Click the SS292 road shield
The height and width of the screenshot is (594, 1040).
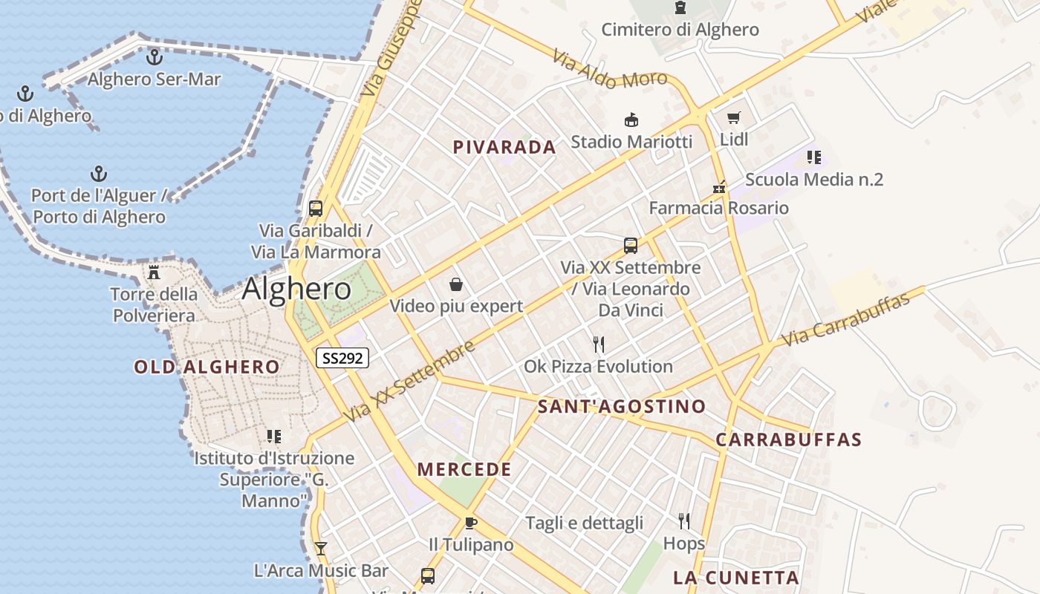[x=342, y=358]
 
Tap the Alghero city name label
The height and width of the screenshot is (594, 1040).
[x=296, y=289]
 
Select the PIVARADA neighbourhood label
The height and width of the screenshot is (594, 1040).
[x=504, y=147]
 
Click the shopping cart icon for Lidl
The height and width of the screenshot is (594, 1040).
[x=734, y=117]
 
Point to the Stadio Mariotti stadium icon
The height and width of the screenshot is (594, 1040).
[x=631, y=120]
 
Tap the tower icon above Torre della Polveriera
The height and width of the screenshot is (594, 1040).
[x=154, y=272]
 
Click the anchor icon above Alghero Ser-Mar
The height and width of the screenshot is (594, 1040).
[x=155, y=56]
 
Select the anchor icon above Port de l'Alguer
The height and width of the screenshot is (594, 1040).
[x=98, y=174]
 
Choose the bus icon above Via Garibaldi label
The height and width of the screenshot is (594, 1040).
[x=316, y=208]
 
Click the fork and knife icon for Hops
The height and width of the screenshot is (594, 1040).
[x=684, y=521]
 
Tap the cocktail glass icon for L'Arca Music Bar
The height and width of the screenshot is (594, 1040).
[x=321, y=549]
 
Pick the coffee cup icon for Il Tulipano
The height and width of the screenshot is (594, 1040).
[x=470, y=523]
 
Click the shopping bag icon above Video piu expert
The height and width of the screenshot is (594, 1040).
[x=456, y=284]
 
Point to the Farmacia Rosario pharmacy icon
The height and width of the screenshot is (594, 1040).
[x=718, y=186]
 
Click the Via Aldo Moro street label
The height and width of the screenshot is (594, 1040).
[x=609, y=70]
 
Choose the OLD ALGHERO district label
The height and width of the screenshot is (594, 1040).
[x=207, y=367]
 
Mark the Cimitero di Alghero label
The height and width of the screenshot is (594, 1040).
[x=680, y=30]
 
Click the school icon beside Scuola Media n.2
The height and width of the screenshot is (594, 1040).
[x=814, y=157]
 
